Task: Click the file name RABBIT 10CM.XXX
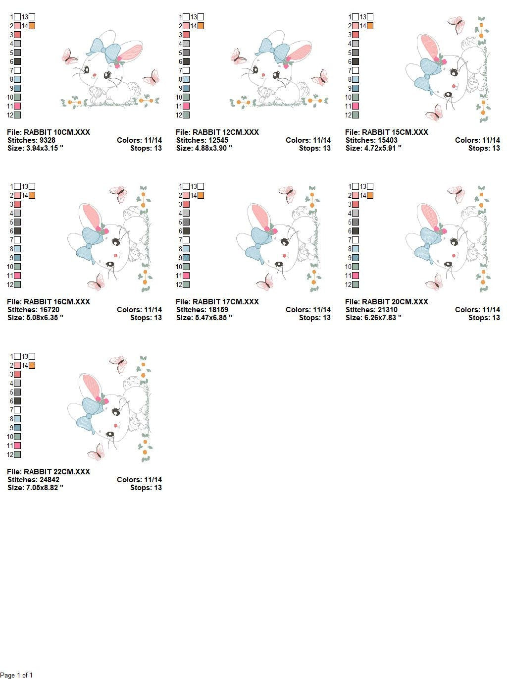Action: click(57, 132)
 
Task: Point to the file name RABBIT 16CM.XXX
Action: click(57, 302)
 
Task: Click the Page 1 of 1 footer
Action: click(16, 675)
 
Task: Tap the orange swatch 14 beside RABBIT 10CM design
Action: click(32, 26)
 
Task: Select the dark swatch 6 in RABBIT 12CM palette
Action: click(186, 61)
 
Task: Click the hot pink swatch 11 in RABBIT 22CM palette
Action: click(17, 446)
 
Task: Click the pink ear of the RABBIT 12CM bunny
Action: click(300, 52)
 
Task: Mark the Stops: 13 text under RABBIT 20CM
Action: click(484, 318)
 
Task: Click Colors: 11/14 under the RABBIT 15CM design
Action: click(477, 140)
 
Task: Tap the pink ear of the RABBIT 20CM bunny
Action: click(429, 216)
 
